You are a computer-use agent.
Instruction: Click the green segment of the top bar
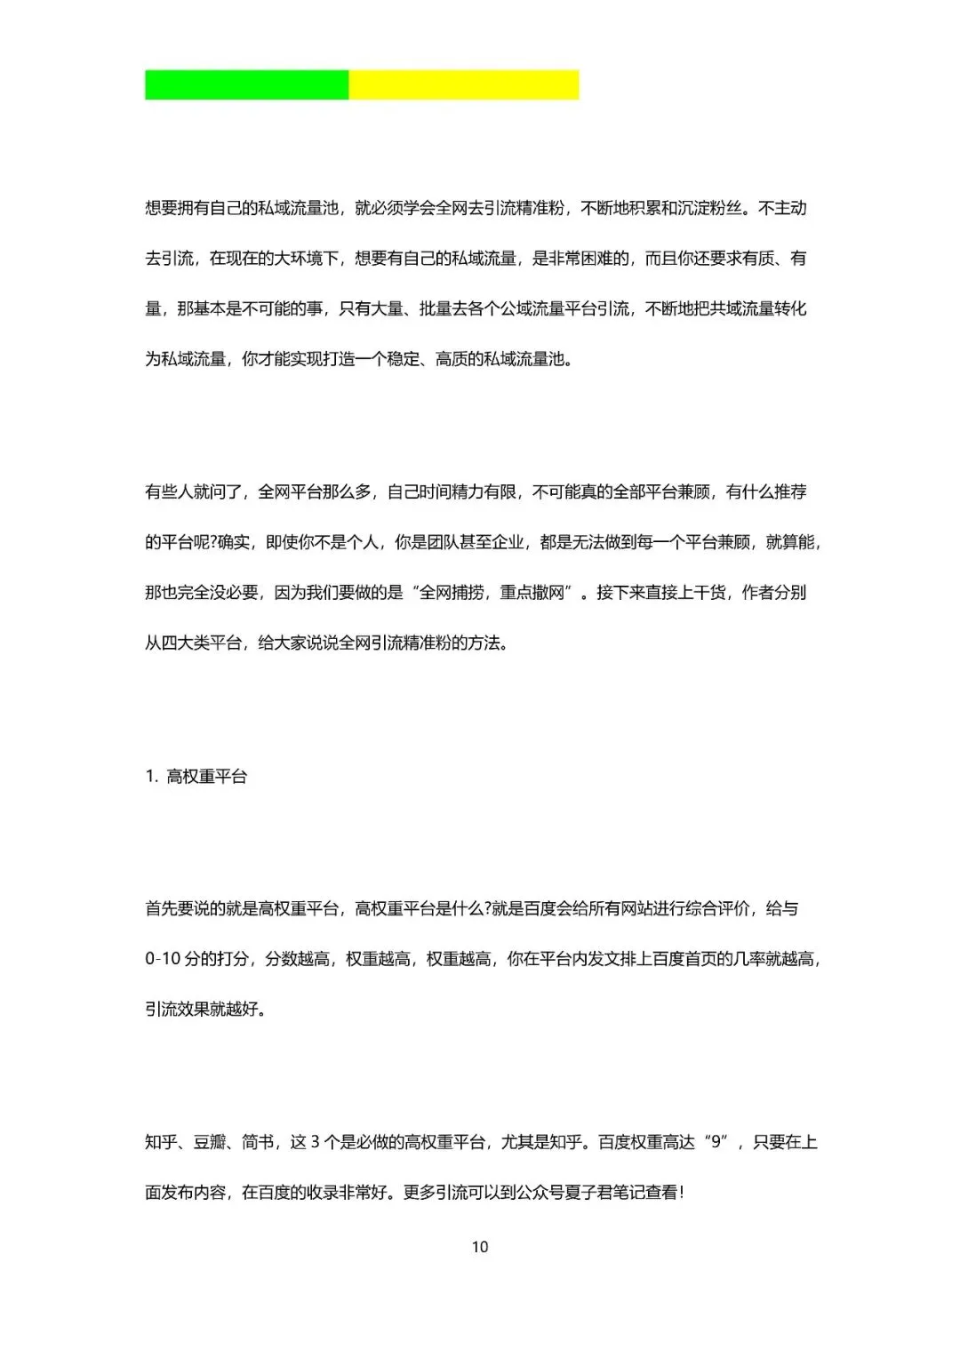[x=246, y=85]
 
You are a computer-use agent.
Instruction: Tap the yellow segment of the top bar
[x=463, y=85]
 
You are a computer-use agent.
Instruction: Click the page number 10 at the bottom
[x=480, y=1247]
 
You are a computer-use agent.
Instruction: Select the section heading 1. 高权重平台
[x=196, y=777]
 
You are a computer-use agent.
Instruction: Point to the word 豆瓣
[x=210, y=1142]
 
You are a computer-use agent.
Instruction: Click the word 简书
[x=258, y=1142]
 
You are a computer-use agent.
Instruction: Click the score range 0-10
[x=163, y=959]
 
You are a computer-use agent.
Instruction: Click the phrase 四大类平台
[x=202, y=643]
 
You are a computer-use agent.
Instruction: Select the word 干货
[x=709, y=593]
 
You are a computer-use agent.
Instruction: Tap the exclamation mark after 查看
[x=681, y=1193]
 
